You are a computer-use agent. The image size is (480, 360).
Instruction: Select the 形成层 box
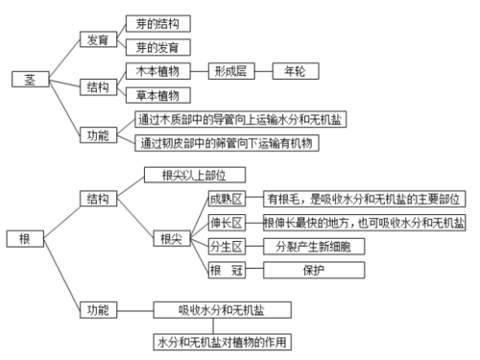click(x=232, y=71)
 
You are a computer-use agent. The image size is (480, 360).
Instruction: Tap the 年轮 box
click(x=300, y=71)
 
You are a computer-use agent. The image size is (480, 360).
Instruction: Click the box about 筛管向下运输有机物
click(x=227, y=142)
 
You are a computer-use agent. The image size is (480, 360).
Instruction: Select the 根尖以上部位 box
click(x=195, y=175)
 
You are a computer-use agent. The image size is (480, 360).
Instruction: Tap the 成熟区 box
click(x=227, y=199)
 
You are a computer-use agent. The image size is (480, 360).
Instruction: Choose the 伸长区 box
click(x=227, y=223)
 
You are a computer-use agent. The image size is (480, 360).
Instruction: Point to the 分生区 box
click(x=227, y=247)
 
